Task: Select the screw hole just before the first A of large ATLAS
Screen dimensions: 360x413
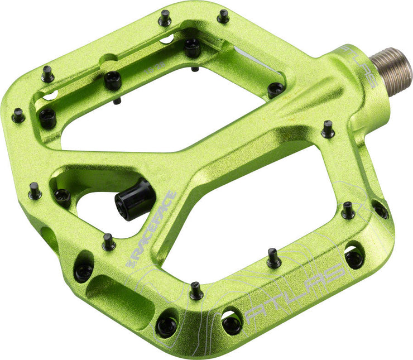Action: (231, 322)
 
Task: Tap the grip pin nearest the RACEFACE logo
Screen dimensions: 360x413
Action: (109, 242)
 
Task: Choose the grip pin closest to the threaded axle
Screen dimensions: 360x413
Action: (328, 128)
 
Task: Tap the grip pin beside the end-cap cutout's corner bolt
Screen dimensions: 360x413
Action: (35, 190)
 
